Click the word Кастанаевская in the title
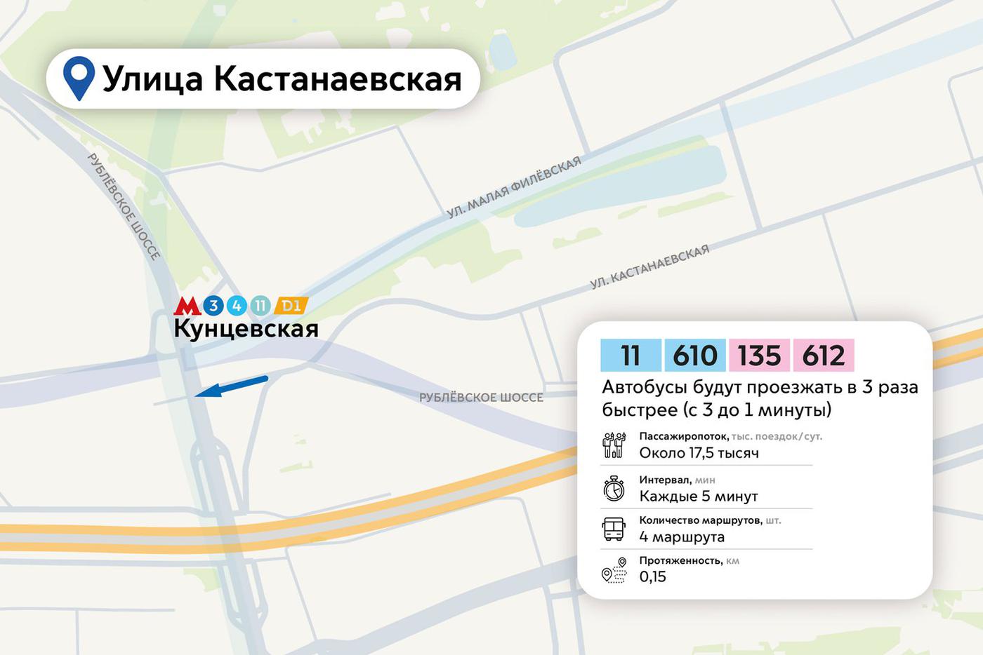pos(338,79)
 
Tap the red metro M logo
pos(187,306)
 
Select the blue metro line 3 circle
pos(213,306)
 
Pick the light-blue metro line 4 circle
pos(237,306)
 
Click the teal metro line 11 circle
pos(260,306)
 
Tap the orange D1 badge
pos(291,306)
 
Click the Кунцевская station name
pos(246,328)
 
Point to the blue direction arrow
pos(231,386)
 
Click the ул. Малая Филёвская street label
pos(514,187)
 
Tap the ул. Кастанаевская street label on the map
pos(649,266)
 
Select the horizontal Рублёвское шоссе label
pos(481,398)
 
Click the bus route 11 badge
pos(631,355)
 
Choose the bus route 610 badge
pos(695,355)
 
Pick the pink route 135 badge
pos(760,355)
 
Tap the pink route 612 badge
pos(824,355)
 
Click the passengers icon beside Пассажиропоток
pos(614,445)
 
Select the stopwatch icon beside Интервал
pos(614,488)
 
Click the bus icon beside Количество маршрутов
pos(614,529)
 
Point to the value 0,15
pos(653,576)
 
